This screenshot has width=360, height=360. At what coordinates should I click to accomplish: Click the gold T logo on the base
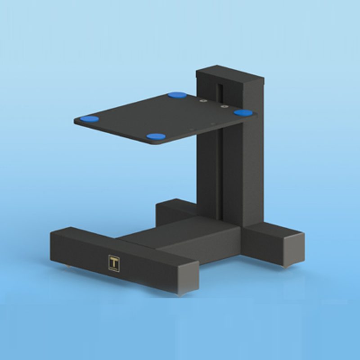(114, 264)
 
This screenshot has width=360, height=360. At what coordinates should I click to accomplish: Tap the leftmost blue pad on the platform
(89, 119)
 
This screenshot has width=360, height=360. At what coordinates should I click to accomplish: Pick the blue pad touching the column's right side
(243, 112)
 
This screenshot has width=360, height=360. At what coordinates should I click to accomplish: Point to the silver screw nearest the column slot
(223, 107)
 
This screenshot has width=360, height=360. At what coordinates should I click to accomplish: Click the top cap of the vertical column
(229, 75)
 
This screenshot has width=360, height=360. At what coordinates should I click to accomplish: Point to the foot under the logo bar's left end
(67, 268)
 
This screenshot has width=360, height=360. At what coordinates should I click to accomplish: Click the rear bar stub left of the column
(173, 211)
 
